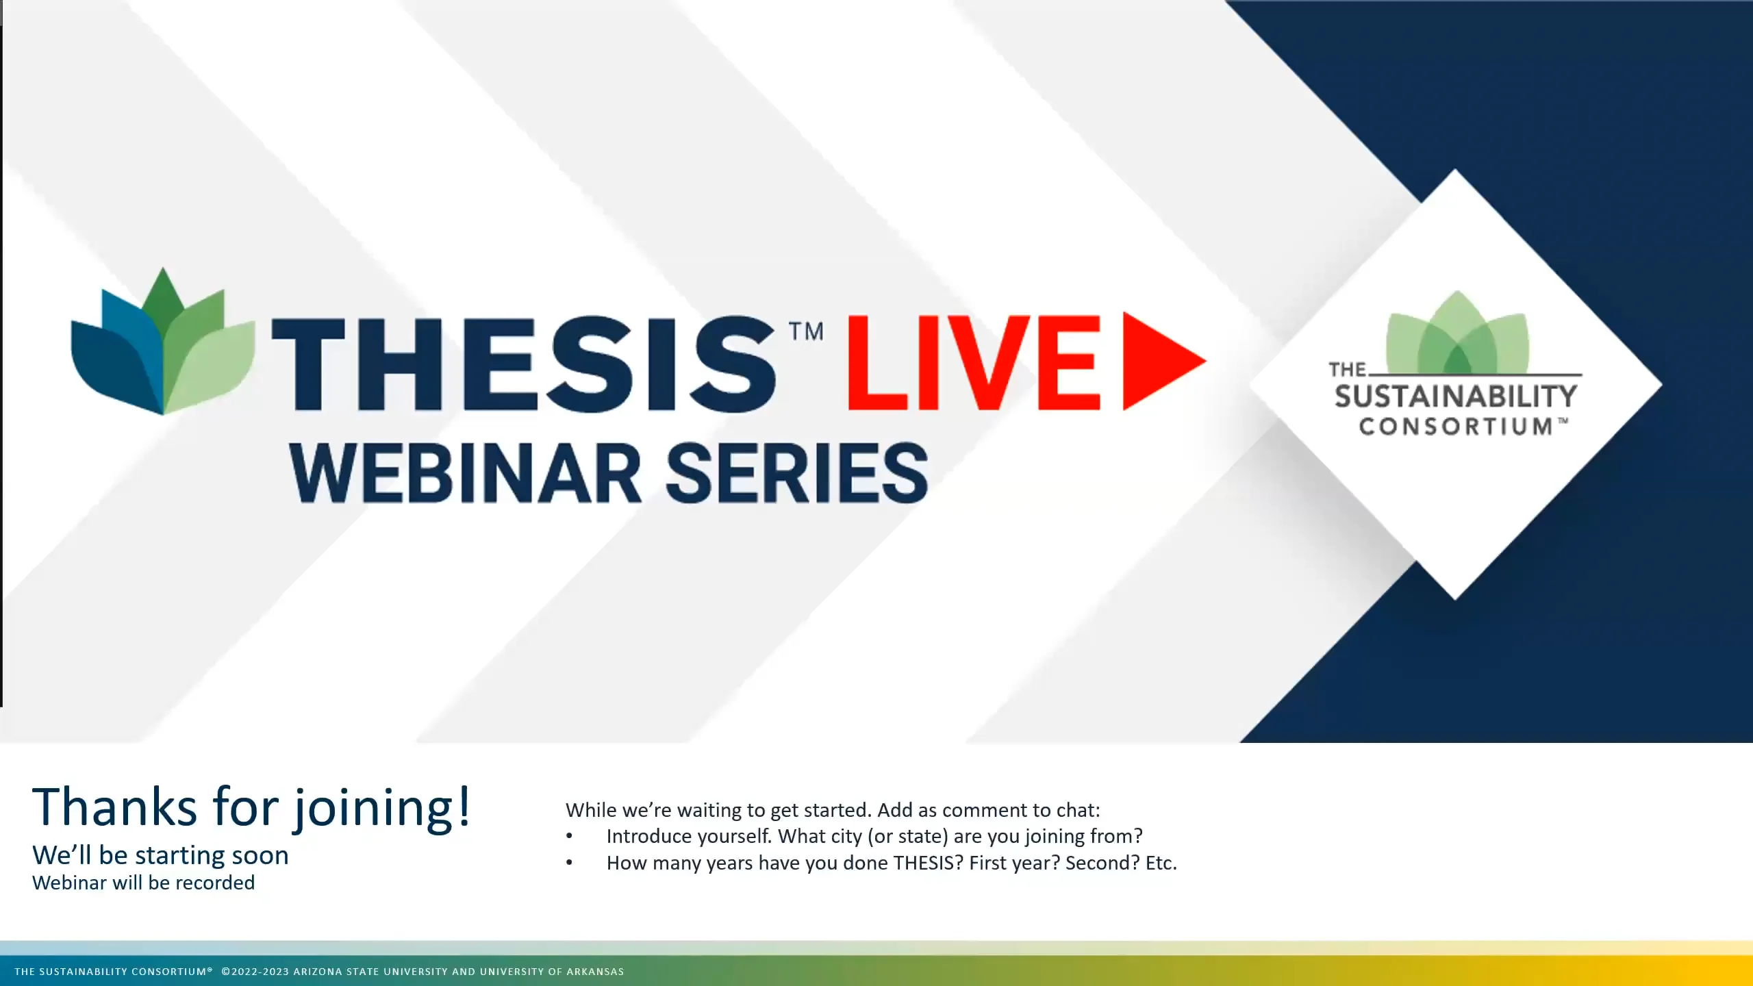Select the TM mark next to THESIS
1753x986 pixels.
(x=806, y=331)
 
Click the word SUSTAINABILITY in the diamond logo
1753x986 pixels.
(x=1456, y=396)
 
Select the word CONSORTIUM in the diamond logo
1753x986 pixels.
(x=1456, y=427)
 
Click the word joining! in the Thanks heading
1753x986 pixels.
(x=382, y=808)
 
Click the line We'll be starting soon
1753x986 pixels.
(x=160, y=855)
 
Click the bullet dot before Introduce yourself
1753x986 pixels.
(x=569, y=837)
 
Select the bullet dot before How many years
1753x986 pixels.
(x=569, y=863)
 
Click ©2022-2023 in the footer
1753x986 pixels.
(x=255, y=972)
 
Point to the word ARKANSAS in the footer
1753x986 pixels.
(x=594, y=972)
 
